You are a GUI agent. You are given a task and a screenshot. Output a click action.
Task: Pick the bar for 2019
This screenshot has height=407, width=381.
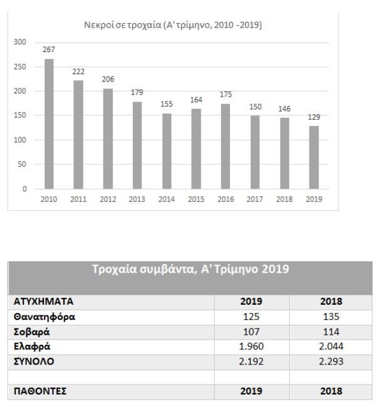tap(313, 157)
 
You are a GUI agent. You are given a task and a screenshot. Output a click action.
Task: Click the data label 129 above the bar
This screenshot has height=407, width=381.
tap(313, 117)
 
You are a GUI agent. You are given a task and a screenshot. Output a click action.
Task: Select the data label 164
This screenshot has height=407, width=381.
tap(196, 100)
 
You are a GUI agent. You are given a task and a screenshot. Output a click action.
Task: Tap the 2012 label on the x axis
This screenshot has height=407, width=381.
tap(108, 199)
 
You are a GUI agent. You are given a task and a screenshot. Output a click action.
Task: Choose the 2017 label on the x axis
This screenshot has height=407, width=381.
tap(255, 199)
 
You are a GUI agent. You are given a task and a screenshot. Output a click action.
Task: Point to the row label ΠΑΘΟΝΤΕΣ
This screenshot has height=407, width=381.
tap(38, 390)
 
